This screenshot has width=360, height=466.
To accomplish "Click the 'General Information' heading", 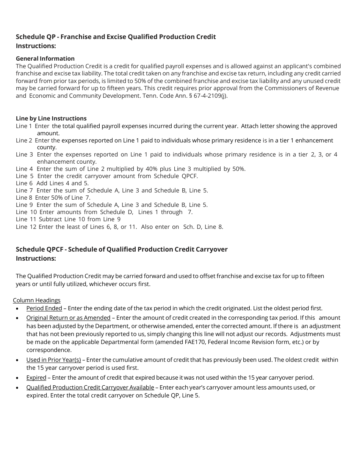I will [45, 58].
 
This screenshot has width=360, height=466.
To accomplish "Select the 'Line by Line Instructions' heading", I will [51, 118].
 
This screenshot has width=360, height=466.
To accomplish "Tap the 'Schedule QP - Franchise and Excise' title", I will [116, 37].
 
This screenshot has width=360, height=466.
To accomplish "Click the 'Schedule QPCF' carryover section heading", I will [122, 249].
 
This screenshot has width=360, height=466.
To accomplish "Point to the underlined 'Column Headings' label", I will [37, 300].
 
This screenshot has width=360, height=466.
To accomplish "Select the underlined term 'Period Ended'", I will [44, 308].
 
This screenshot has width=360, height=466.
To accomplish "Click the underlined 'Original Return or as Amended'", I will [68, 317].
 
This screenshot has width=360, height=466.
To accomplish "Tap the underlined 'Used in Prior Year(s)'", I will [53, 360].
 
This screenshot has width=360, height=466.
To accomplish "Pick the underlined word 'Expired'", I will [36, 377].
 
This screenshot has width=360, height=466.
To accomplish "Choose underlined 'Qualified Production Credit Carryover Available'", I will [90, 387].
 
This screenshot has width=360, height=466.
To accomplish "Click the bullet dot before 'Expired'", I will [17, 378].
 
